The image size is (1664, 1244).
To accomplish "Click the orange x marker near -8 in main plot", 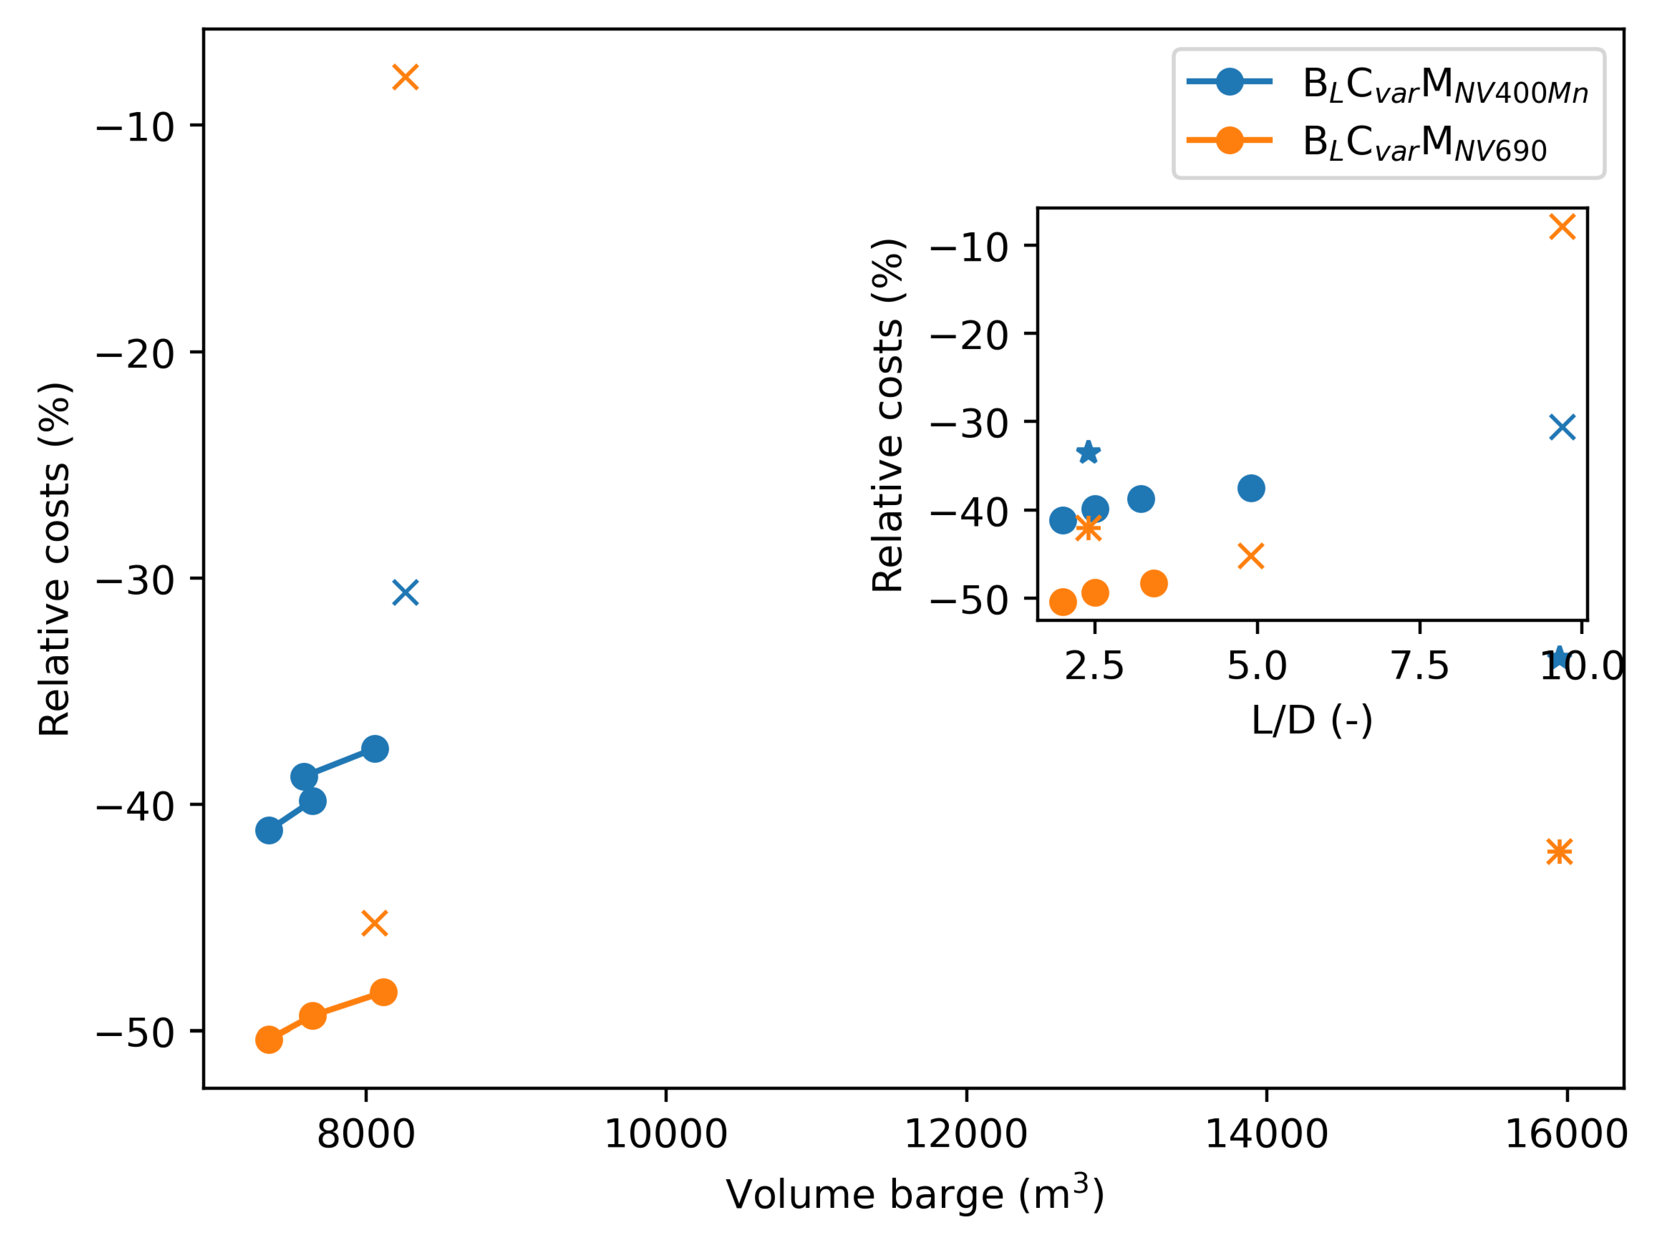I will [405, 77].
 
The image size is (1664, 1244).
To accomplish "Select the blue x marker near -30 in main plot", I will [405, 593].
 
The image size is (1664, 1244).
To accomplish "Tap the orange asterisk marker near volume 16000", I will [1560, 851].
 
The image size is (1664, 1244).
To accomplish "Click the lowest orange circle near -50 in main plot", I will [269, 1040].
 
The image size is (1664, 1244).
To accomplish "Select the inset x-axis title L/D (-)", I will [1312, 720].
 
